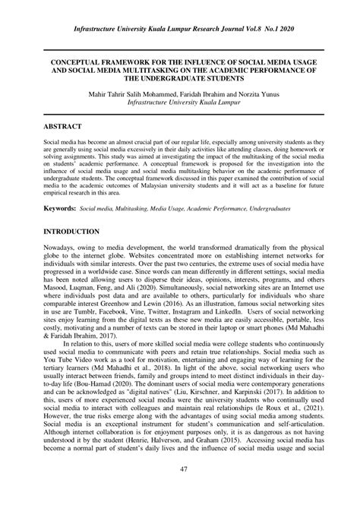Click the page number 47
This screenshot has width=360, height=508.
pyautogui.click(x=180, y=492)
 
